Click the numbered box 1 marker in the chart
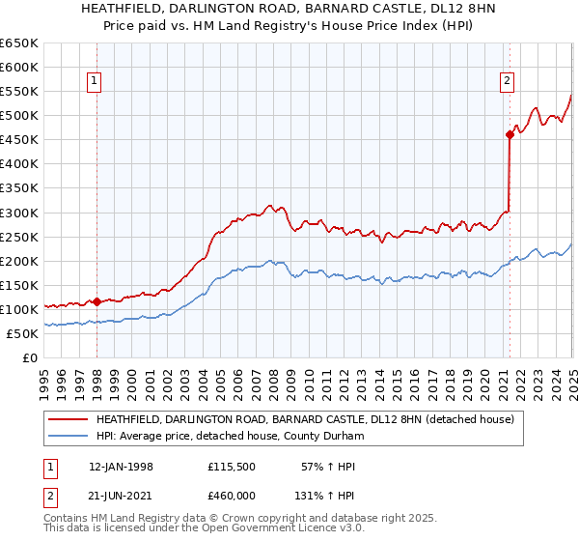point(96,82)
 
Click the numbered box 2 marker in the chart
point(507,82)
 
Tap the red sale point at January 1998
point(96,301)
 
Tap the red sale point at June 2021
point(510,134)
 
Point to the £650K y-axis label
point(19,43)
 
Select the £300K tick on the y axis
point(19,213)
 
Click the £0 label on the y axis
point(30,357)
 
